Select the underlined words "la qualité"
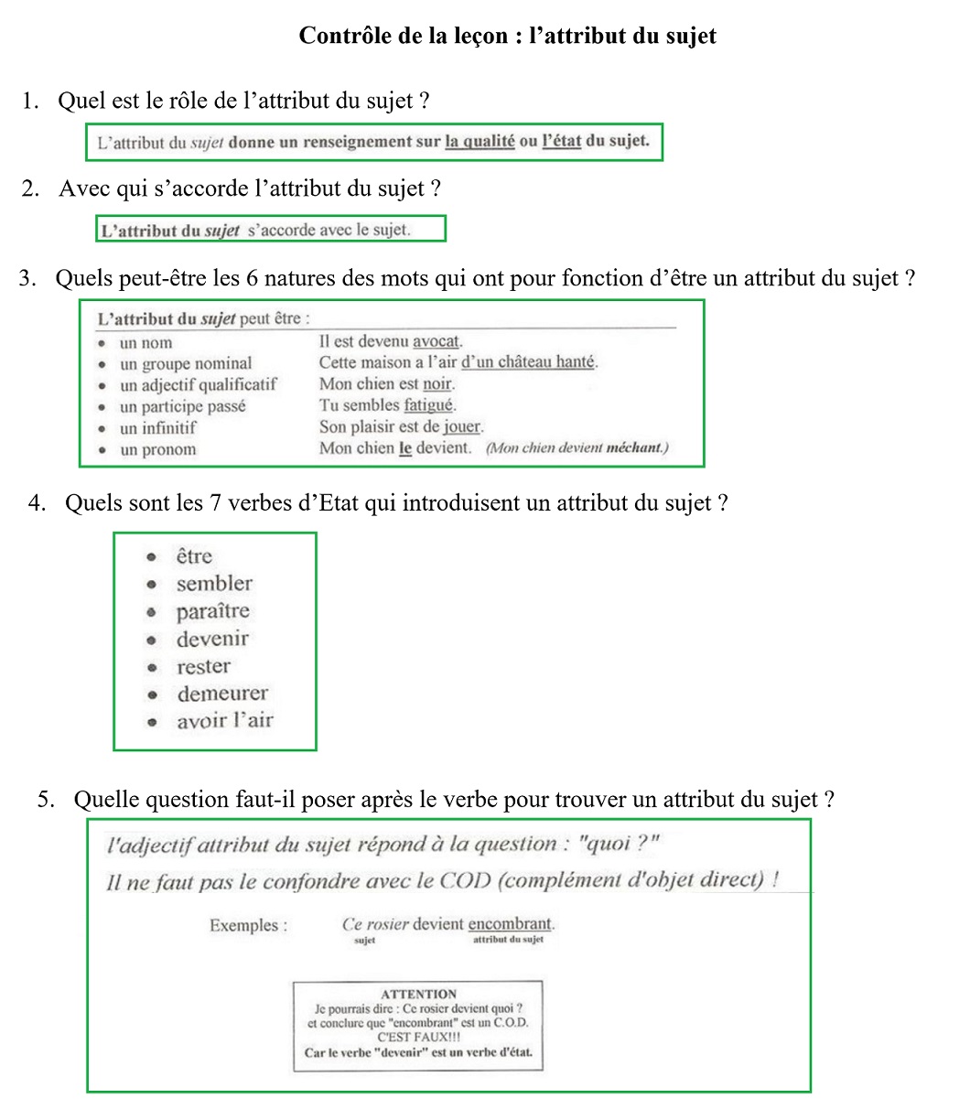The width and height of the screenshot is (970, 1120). click(x=480, y=142)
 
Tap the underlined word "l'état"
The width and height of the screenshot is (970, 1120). click(x=561, y=142)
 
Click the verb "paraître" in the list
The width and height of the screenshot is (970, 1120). click(x=212, y=611)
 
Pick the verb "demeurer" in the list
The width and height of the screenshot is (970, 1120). click(x=222, y=694)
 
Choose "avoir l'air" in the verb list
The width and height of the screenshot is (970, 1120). click(x=225, y=721)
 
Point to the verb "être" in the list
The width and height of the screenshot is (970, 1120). click(x=194, y=556)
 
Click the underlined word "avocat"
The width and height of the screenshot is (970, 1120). click(x=436, y=342)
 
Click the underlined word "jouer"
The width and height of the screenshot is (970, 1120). click(x=462, y=427)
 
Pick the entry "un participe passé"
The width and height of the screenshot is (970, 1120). click(x=183, y=406)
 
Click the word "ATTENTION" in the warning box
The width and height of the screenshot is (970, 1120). click(x=417, y=994)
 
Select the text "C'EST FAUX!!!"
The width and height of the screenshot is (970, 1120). click(x=418, y=1038)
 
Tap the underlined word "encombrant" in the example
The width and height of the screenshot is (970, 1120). click(x=510, y=924)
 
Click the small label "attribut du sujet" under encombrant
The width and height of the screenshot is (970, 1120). click(x=508, y=940)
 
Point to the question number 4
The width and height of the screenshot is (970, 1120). click(x=37, y=503)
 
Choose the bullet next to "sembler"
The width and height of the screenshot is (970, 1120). click(x=154, y=584)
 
